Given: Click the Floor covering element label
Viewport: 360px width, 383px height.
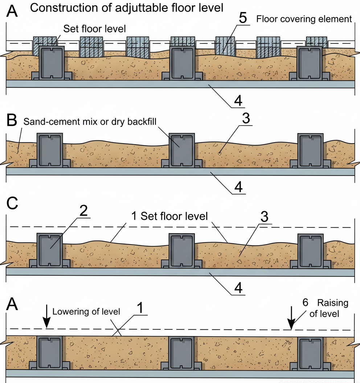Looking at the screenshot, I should [x=304, y=19].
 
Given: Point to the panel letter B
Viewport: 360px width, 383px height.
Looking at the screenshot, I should [x=12, y=120].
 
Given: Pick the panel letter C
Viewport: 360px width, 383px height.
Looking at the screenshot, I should [x=12, y=204].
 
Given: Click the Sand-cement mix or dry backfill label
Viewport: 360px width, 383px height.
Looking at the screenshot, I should [x=90, y=122].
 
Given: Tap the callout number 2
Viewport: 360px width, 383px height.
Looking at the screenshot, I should [x=83, y=212].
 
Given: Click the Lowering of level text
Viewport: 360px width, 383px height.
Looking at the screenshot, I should [x=86, y=312].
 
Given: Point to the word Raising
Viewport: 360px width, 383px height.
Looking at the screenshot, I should [x=333, y=303].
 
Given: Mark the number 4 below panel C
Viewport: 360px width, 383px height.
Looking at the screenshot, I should [x=238, y=287].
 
